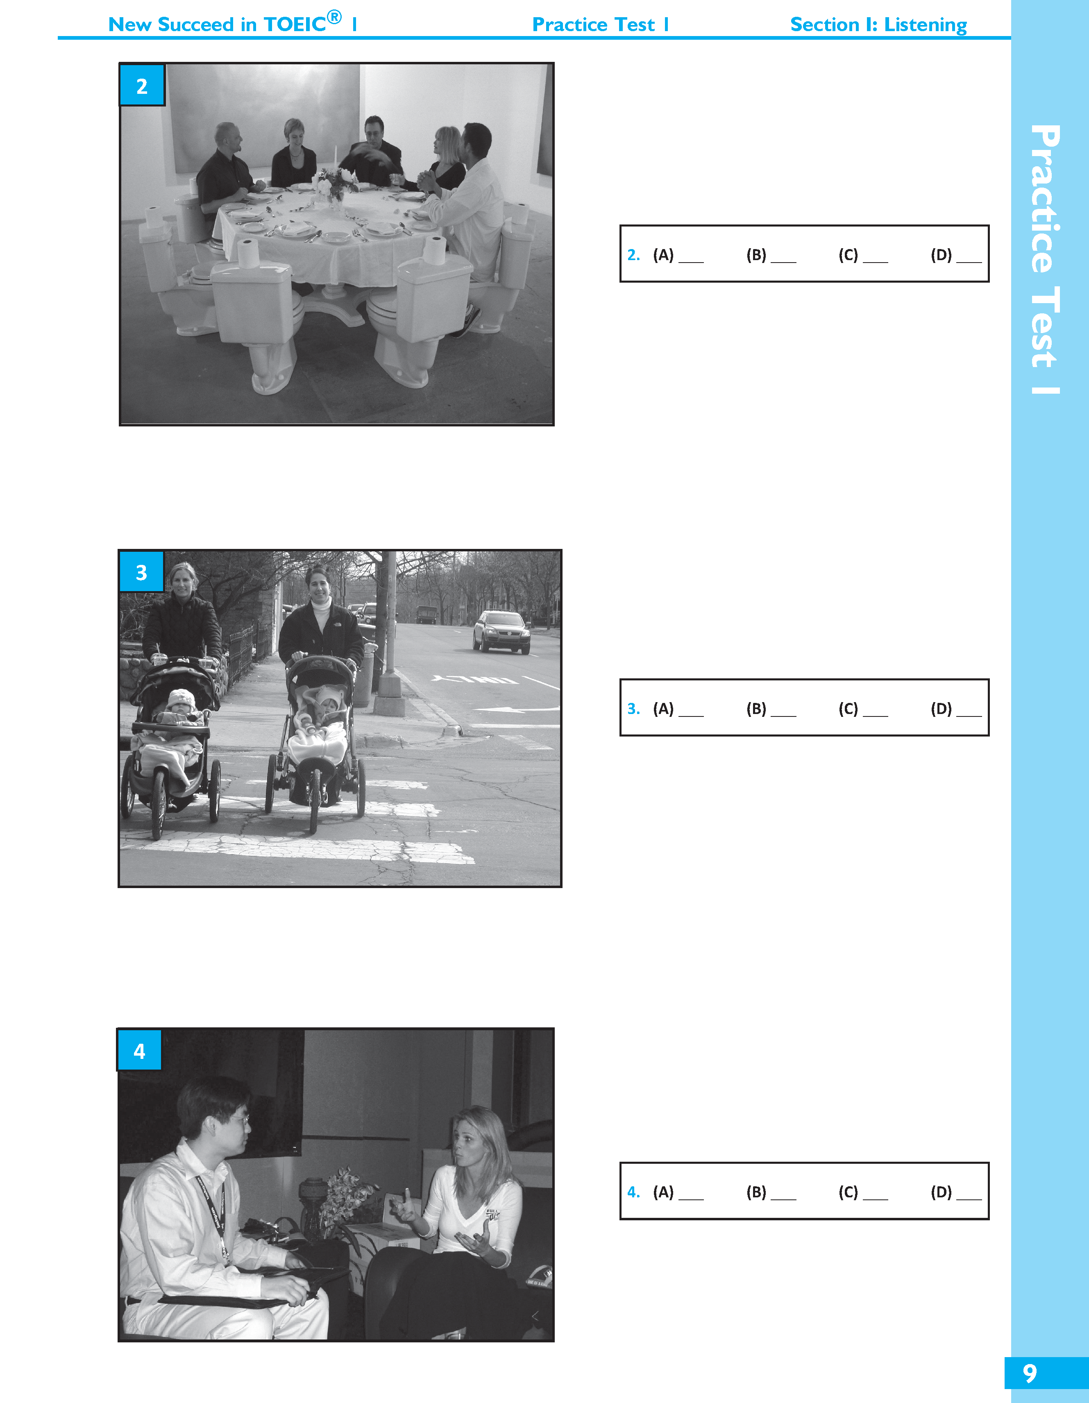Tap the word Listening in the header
pos(925,25)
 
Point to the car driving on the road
pos(502,632)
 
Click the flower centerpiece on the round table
pos(334,183)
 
